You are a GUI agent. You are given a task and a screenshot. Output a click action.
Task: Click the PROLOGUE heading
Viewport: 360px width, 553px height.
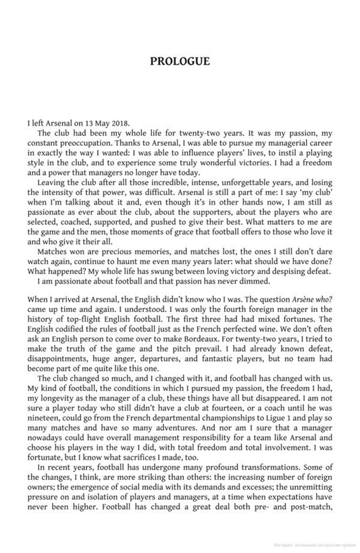pyautogui.click(x=180, y=61)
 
